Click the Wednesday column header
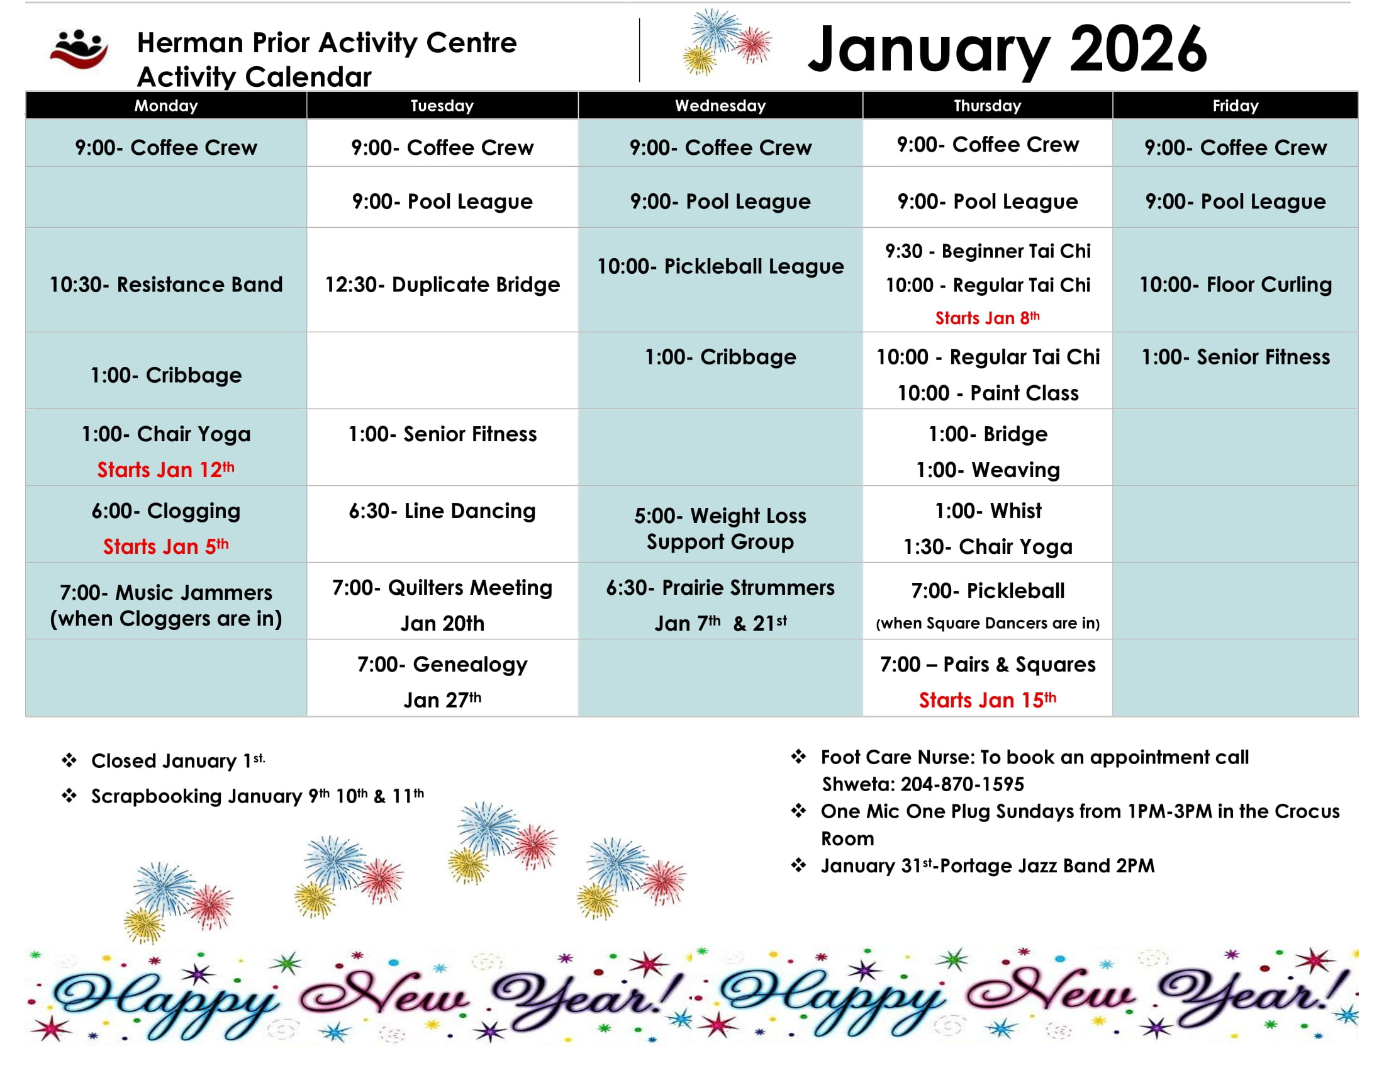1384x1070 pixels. (x=720, y=106)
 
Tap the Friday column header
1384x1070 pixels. (x=1235, y=106)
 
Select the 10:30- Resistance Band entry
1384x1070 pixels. (x=166, y=284)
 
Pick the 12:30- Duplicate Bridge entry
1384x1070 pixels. (x=442, y=284)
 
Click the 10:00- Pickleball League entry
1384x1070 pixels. (x=720, y=266)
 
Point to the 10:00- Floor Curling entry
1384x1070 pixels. (x=1235, y=284)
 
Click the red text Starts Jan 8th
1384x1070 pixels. (x=987, y=318)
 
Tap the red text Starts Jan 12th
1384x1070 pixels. (x=166, y=470)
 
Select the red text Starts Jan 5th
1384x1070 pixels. (x=166, y=546)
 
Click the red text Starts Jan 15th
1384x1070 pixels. (x=987, y=700)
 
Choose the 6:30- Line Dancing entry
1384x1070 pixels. (x=442, y=511)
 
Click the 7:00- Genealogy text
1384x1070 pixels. (x=442, y=664)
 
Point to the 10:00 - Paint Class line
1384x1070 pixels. (x=987, y=393)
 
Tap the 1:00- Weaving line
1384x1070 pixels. (x=987, y=470)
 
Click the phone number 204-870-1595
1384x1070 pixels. (x=962, y=784)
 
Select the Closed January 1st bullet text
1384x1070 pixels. (x=178, y=761)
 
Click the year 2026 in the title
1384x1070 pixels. (x=1138, y=49)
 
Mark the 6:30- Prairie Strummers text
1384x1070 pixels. (x=720, y=588)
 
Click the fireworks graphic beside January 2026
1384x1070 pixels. (x=727, y=41)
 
